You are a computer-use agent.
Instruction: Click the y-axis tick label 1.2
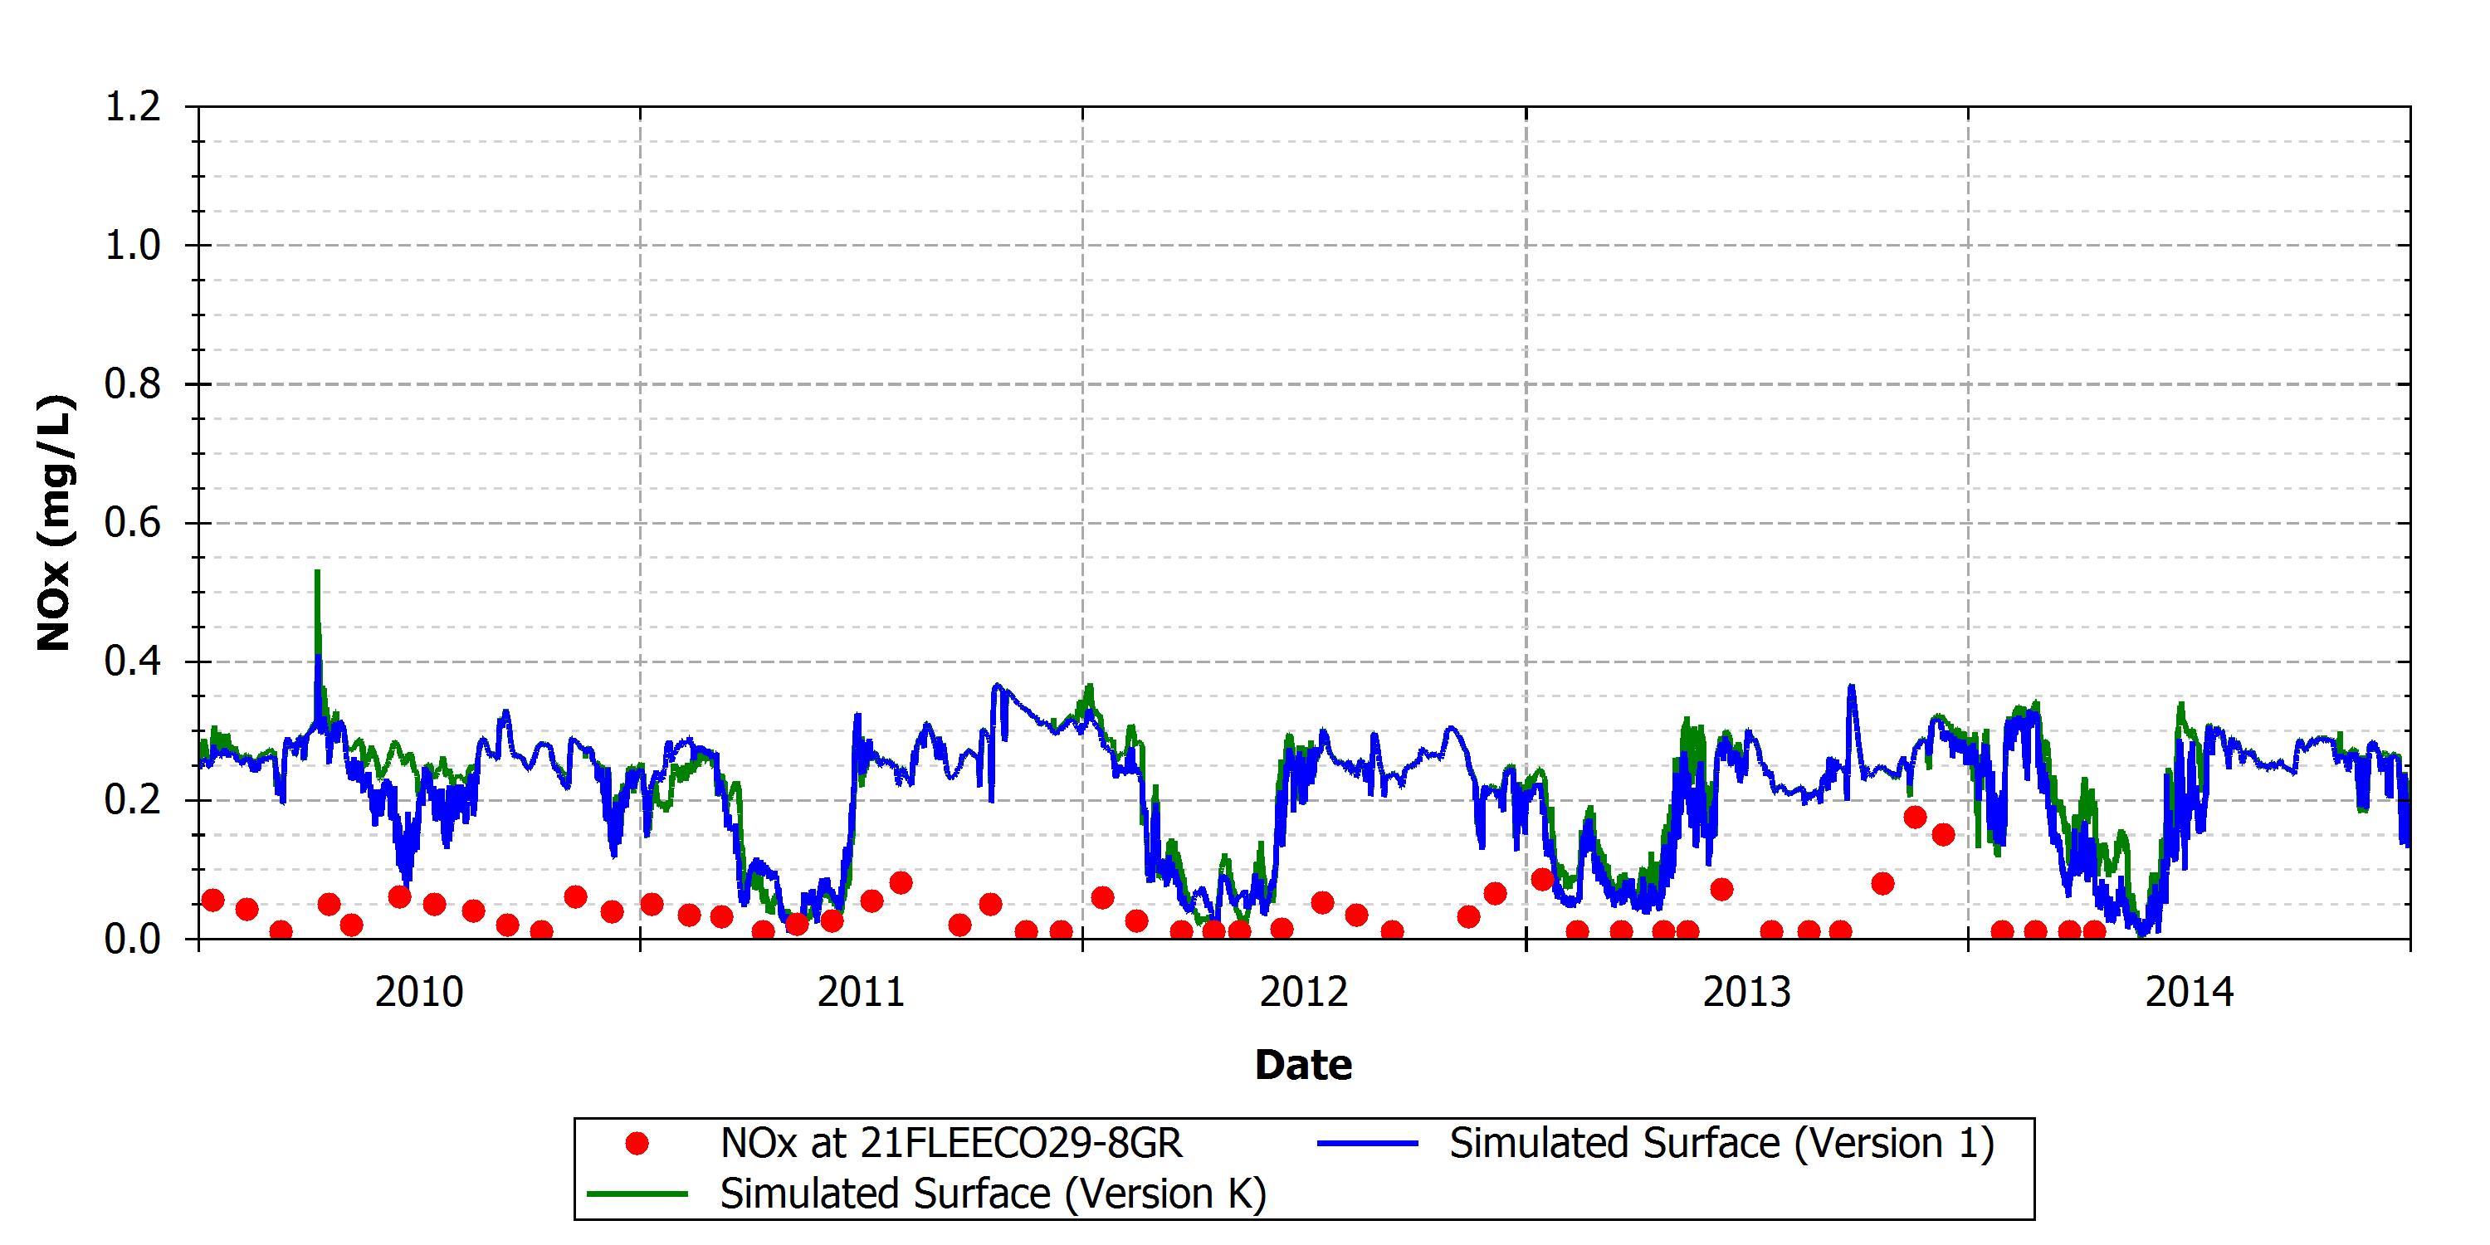pos(133,106)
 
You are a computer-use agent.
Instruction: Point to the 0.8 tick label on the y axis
pos(133,385)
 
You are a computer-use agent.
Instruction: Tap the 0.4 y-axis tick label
pos(133,662)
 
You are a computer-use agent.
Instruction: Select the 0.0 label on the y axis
pos(133,939)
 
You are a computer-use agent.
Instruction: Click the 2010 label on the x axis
pos(418,993)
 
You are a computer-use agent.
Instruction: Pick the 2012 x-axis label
pos(1303,993)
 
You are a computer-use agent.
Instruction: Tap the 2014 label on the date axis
pos(2190,993)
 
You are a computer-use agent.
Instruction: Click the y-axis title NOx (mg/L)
pos(54,523)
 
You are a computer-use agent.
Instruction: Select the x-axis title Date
pos(1303,1065)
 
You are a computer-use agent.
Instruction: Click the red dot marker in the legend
pos(637,1145)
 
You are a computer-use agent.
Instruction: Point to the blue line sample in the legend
pos(1368,1144)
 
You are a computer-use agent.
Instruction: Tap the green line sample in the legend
pos(638,1194)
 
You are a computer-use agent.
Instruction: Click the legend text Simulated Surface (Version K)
pos(993,1194)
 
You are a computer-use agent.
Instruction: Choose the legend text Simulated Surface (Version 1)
pos(1721,1144)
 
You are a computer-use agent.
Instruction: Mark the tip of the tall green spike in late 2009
pos(317,571)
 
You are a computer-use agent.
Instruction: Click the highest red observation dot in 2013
pos(1915,817)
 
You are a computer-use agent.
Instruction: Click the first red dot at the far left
pos(212,900)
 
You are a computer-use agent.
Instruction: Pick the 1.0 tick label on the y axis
pos(133,246)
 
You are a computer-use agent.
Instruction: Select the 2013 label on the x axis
pos(1746,993)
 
